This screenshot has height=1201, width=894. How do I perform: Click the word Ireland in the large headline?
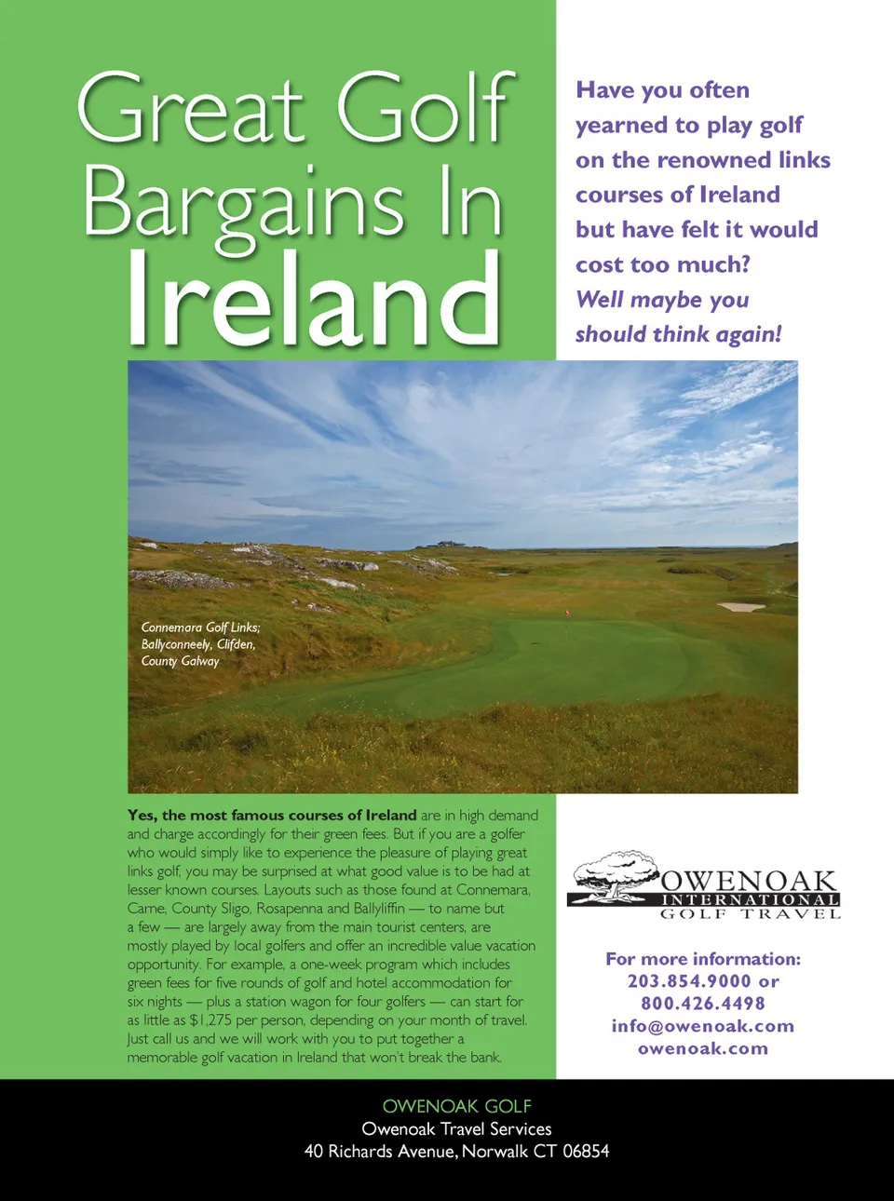(x=313, y=298)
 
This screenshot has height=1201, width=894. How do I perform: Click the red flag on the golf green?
(x=568, y=612)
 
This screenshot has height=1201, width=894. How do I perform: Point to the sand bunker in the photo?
(x=741, y=607)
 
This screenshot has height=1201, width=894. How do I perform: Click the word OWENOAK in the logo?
(x=749, y=881)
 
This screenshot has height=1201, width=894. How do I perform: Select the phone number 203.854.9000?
(x=689, y=981)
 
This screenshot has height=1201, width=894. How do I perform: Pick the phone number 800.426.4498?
(x=703, y=1004)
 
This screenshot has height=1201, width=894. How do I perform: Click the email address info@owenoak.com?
(x=703, y=1026)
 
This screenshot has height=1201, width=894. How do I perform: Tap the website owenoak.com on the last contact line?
(x=703, y=1048)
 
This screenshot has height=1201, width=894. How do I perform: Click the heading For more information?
(x=703, y=959)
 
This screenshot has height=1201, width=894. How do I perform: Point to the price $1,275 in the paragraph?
(x=210, y=1020)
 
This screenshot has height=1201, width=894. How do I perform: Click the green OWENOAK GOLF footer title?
(x=456, y=1106)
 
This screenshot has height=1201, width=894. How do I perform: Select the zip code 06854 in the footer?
(x=586, y=1152)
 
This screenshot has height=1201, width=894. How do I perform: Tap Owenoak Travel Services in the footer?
(x=456, y=1129)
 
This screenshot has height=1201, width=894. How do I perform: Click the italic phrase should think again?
(x=678, y=334)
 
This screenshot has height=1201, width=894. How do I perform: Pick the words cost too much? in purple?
(x=663, y=264)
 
